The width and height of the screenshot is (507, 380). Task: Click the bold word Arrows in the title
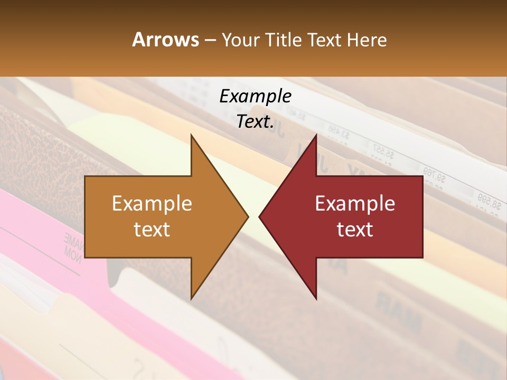166,40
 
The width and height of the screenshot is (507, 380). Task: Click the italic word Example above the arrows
255,96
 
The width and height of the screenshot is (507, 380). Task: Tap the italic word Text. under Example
255,121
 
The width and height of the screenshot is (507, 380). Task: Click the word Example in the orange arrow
152,204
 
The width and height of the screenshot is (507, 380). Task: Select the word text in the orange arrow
152,229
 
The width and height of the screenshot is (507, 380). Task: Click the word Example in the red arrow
355,204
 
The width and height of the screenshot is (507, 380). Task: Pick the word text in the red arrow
355,229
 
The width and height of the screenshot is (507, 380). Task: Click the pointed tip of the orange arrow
248,216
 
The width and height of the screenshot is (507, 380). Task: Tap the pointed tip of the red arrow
259,216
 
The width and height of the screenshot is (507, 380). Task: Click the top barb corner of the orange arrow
191,135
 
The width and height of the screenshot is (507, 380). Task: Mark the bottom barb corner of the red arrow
316,299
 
